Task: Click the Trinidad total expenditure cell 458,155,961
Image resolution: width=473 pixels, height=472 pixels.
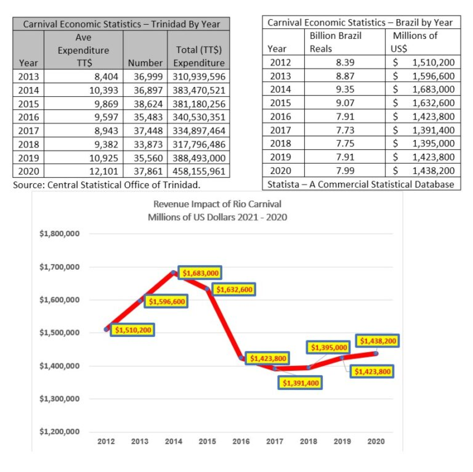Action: coord(199,171)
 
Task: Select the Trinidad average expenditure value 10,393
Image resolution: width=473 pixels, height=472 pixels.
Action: coord(103,90)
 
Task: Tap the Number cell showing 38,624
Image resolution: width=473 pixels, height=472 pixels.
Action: coord(148,104)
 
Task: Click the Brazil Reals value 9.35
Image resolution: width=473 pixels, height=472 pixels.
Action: coord(345,89)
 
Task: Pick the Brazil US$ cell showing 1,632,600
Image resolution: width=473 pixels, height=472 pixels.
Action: coord(433,103)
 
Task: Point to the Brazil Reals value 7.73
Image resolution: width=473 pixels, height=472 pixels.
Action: coord(345,130)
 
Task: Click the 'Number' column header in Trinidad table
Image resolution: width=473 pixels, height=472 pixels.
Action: coord(145,63)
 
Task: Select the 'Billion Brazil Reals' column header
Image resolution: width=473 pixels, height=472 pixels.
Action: coord(335,42)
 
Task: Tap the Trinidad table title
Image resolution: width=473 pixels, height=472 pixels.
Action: coord(121,24)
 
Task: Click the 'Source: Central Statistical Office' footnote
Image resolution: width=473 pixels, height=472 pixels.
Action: coord(106,185)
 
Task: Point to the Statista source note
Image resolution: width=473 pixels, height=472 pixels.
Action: coord(360,184)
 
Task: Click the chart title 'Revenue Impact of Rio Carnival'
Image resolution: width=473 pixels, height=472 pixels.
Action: coord(217,204)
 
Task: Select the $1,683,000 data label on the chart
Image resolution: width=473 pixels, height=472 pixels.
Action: coord(200,273)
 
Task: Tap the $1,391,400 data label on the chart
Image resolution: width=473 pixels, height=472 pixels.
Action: coord(300,383)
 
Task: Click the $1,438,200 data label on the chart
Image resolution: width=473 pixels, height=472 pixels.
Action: coord(378,341)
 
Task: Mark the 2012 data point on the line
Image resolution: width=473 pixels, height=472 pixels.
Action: coord(106,329)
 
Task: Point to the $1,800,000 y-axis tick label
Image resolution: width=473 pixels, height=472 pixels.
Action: coord(59,234)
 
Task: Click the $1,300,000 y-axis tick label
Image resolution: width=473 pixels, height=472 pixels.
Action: coord(59,399)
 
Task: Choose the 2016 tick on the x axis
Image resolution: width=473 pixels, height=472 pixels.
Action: coord(241,442)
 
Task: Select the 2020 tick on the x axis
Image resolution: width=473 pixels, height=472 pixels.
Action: coord(376,442)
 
